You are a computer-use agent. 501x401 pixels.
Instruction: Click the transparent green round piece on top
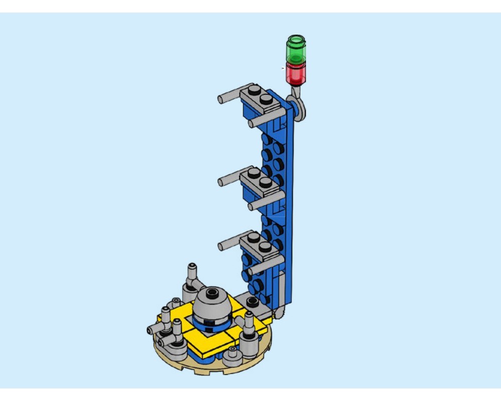(x=296, y=49)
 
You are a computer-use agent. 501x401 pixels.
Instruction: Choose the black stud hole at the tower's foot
(x=253, y=300)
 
